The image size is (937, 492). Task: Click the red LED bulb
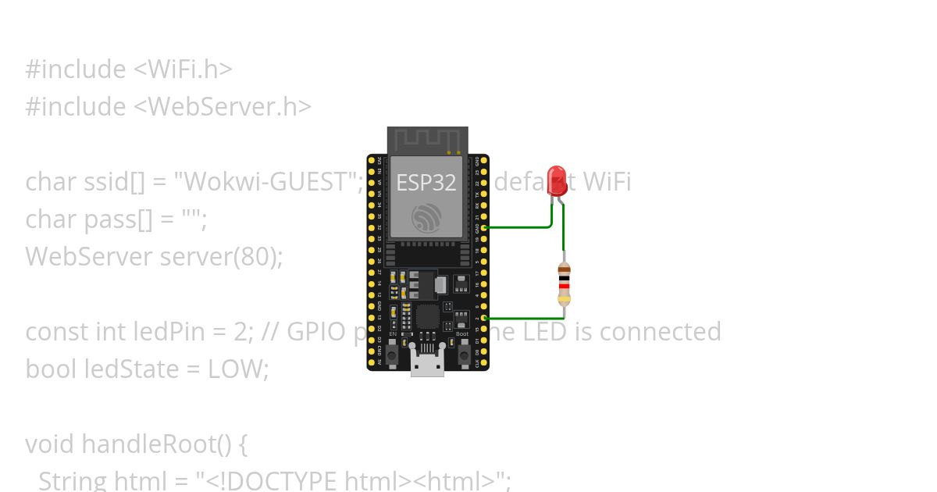click(x=557, y=177)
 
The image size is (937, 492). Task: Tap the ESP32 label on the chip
click(x=426, y=183)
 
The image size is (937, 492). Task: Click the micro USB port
click(x=427, y=364)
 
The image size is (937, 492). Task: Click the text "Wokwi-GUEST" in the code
click(x=267, y=181)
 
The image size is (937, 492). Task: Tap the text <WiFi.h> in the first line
click(x=183, y=69)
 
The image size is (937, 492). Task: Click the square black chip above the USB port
click(x=428, y=317)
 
